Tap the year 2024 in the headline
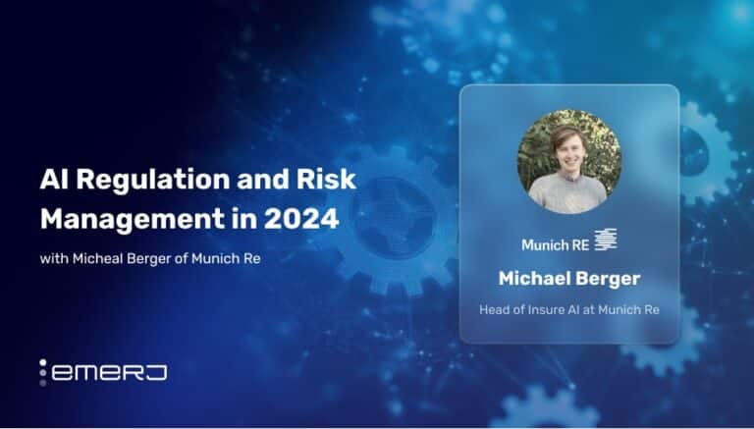301,219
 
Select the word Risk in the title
326,179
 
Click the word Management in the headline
133,220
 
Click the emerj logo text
109,373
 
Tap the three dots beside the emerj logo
43,372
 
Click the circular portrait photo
569,162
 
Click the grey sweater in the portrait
567,193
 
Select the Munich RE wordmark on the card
555,245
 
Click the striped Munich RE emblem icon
606,240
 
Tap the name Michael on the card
531,279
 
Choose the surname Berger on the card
605,280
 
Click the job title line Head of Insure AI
568,310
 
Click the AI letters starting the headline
54,180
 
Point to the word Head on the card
493,310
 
